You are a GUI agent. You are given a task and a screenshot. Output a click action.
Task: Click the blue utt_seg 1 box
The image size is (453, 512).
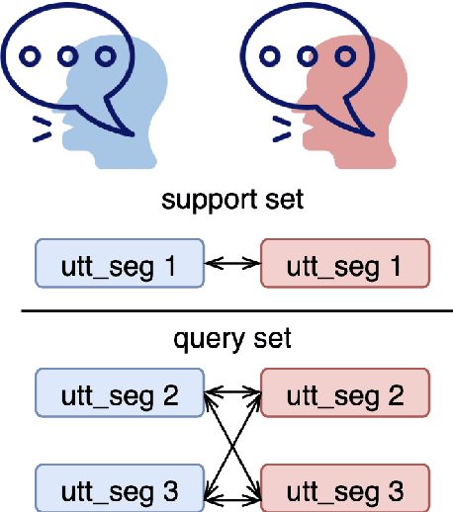click(118, 264)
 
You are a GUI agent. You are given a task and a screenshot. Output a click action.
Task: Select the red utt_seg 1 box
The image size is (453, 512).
click(344, 264)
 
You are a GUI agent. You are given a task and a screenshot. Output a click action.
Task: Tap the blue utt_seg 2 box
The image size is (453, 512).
click(118, 395)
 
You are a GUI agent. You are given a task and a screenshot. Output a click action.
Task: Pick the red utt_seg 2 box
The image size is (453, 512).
click(344, 395)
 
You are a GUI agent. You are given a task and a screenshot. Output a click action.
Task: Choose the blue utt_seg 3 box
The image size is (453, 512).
click(118, 489)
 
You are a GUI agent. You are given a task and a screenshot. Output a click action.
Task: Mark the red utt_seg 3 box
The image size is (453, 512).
click(344, 489)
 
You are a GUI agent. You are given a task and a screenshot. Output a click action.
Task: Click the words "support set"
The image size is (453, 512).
click(231, 201)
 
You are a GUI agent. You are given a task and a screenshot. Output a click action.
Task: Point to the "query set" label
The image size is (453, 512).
click(231, 339)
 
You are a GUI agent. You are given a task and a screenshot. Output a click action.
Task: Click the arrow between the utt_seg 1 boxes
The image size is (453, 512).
click(231, 264)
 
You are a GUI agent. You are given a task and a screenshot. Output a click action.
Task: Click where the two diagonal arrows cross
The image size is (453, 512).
click(231, 442)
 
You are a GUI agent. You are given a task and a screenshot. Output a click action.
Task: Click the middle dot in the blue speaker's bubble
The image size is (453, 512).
click(67, 54)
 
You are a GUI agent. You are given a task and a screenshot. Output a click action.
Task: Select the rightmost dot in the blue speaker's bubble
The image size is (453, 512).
click(104, 54)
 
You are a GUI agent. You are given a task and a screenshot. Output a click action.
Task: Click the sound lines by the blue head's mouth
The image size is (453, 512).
click(43, 126)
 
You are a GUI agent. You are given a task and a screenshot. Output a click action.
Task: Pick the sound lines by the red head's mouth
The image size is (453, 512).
click(282, 126)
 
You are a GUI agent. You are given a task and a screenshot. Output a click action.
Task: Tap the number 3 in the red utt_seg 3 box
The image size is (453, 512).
click(395, 489)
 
